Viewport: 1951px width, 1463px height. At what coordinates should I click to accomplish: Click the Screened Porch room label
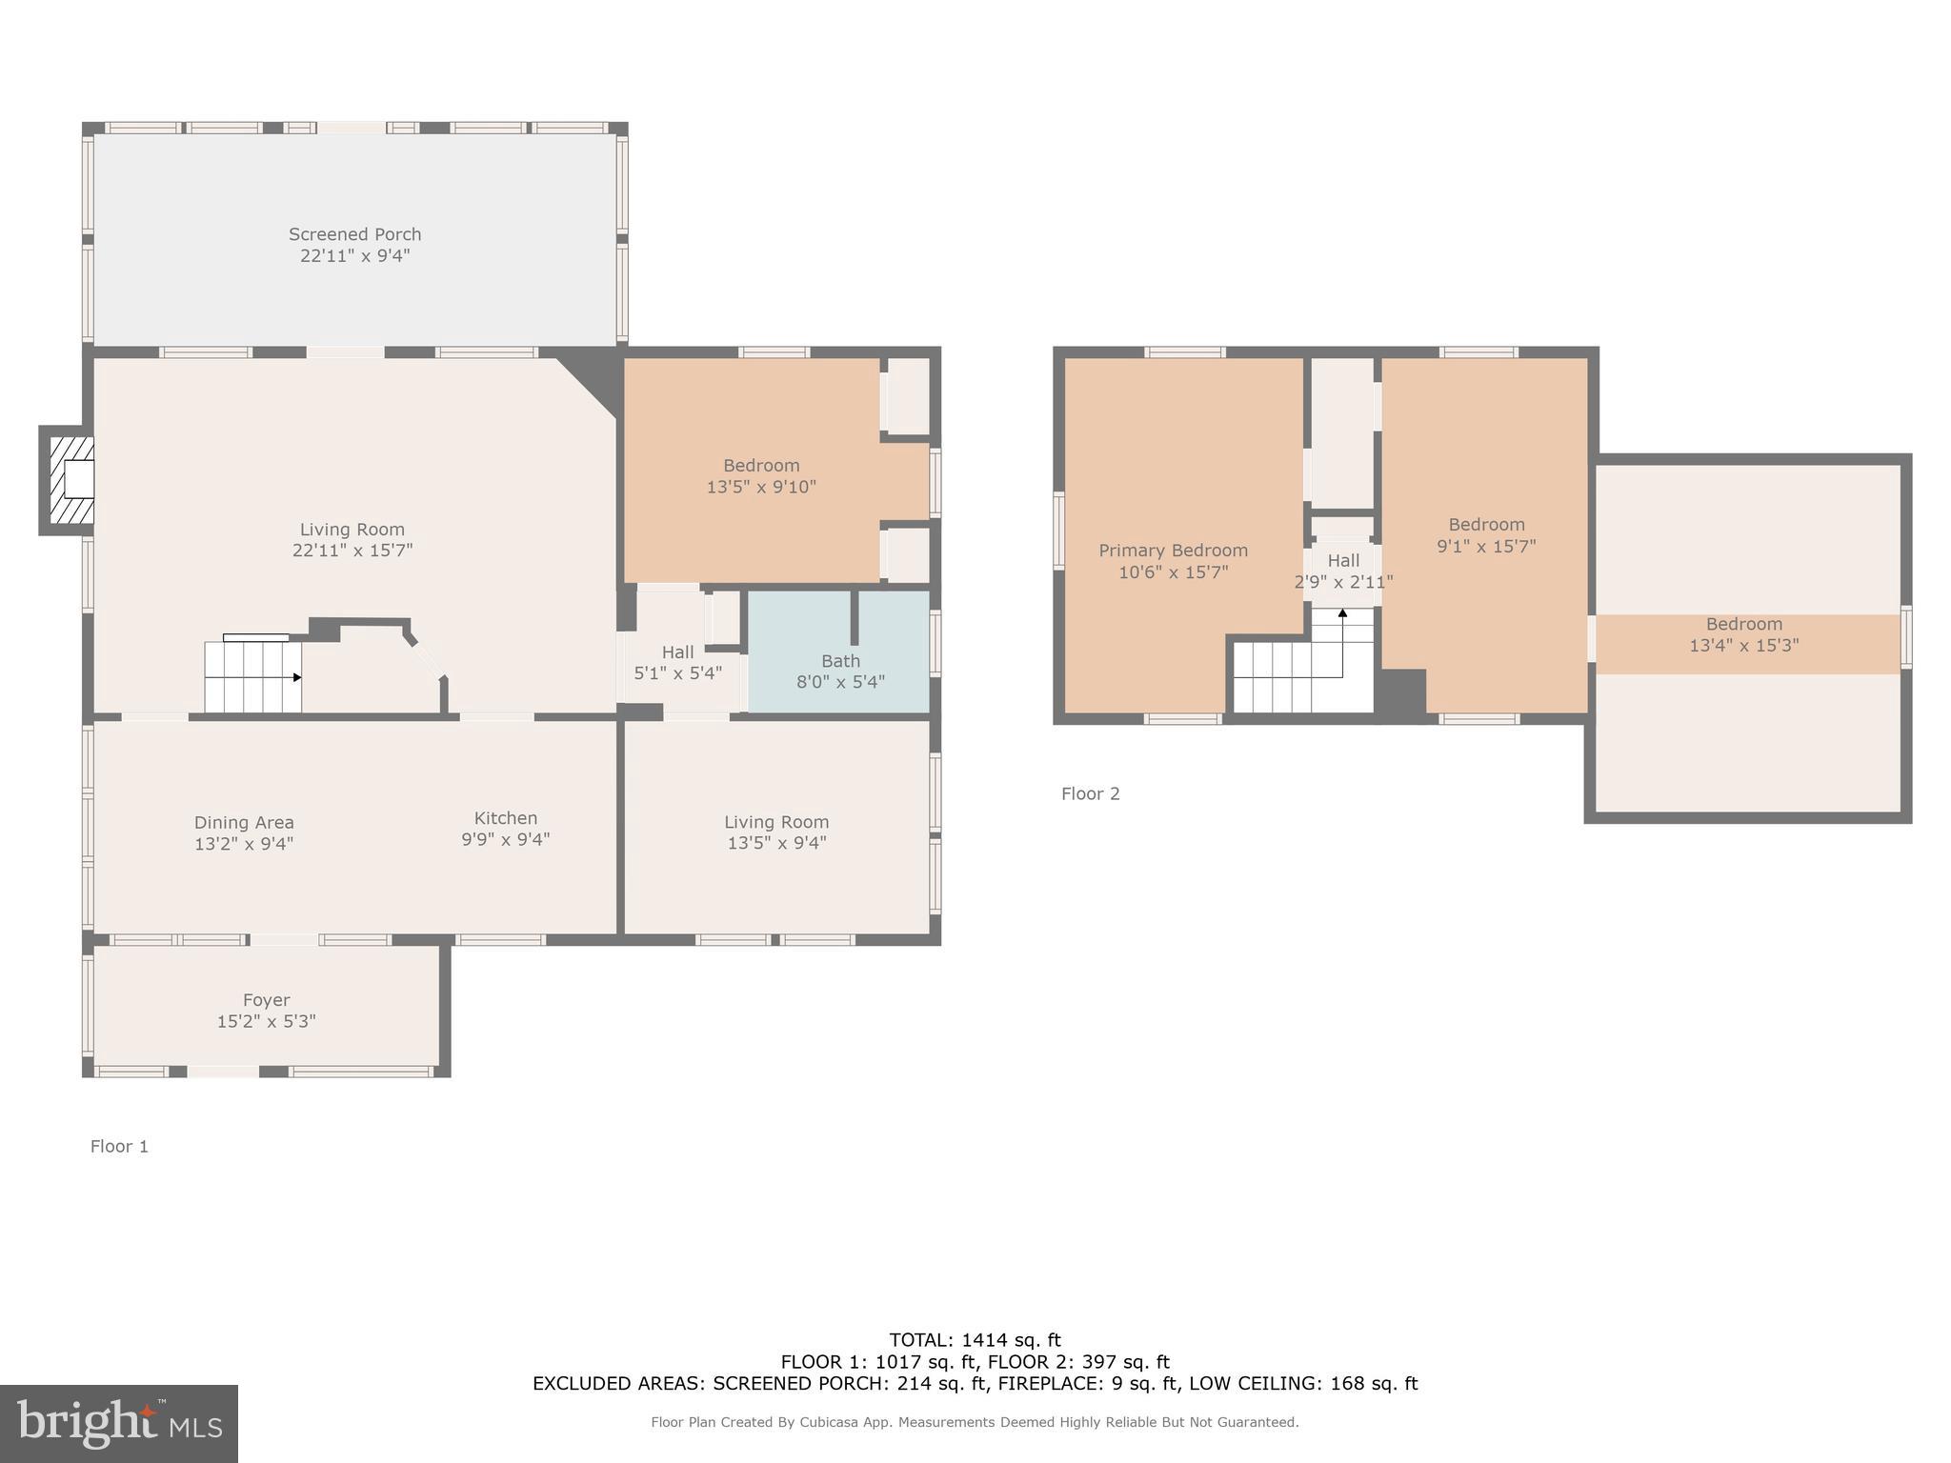pos(354,234)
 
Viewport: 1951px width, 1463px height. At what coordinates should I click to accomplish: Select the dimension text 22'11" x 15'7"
pos(352,551)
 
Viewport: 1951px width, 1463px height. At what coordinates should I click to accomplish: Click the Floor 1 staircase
pos(252,677)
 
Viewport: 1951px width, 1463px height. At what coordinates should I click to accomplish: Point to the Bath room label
pos(840,661)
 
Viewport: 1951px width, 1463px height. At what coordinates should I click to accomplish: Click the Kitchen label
pos(506,818)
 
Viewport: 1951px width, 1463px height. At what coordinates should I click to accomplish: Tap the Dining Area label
pos(244,823)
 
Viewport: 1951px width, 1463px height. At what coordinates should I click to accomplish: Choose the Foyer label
pos(266,1000)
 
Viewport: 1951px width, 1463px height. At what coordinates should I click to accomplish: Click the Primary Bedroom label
pos(1173,551)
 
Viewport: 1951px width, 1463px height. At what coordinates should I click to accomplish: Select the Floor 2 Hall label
pos(1343,561)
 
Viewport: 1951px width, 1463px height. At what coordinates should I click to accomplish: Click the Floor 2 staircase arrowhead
pos(1342,613)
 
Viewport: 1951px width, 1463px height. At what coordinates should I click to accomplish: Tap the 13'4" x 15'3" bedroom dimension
pos(1743,646)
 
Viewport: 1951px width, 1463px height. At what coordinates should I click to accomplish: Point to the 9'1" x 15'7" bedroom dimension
pos(1486,547)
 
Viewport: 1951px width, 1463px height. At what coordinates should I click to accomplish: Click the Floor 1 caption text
pos(119,1147)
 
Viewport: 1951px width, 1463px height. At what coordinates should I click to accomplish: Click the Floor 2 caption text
pos(1090,794)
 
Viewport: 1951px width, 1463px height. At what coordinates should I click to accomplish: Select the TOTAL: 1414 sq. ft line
pos(975,1340)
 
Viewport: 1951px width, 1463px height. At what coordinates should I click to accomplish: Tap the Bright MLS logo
pos(119,1424)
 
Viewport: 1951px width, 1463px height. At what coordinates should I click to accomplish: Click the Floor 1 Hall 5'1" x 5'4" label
pos(677,663)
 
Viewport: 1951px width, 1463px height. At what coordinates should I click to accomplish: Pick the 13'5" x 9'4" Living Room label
pos(776,832)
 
